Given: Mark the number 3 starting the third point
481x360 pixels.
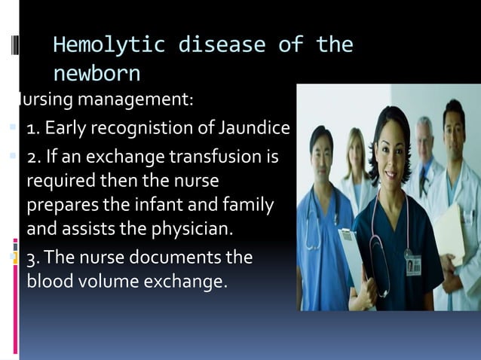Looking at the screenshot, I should pyautogui.click(x=31, y=258).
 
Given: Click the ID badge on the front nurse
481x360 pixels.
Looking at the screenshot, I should pyautogui.click(x=412, y=265).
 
